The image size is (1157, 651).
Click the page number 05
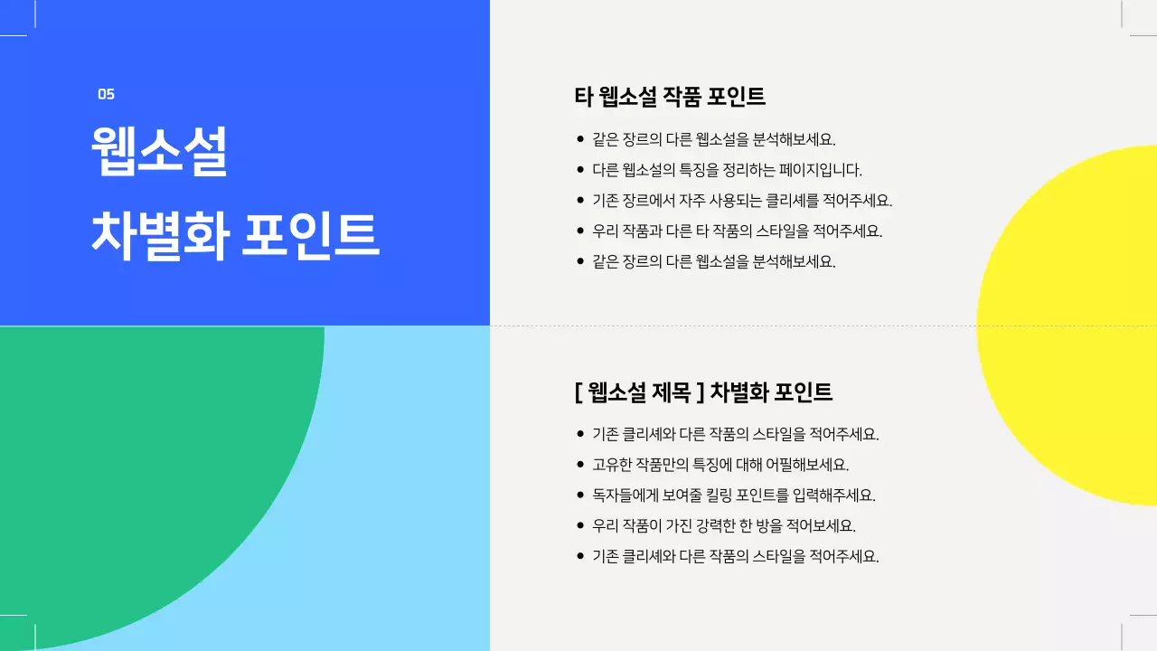coord(106,94)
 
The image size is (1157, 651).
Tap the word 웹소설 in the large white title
coord(159,151)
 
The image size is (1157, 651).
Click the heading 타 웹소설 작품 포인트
coord(670,96)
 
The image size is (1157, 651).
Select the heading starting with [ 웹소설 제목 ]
coord(703,392)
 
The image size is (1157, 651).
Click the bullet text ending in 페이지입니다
coord(727,170)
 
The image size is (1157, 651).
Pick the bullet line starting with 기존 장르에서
coord(742,201)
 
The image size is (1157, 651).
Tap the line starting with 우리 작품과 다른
coord(737,231)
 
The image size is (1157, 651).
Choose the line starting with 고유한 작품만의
coord(720,465)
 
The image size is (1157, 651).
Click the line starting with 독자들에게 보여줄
coord(734,495)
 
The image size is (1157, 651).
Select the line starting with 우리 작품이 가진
coord(723,525)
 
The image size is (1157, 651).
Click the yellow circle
coord(1076,325)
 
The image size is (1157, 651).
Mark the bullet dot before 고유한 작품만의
coord(580,465)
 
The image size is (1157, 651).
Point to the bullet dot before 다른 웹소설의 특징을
coord(580,170)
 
